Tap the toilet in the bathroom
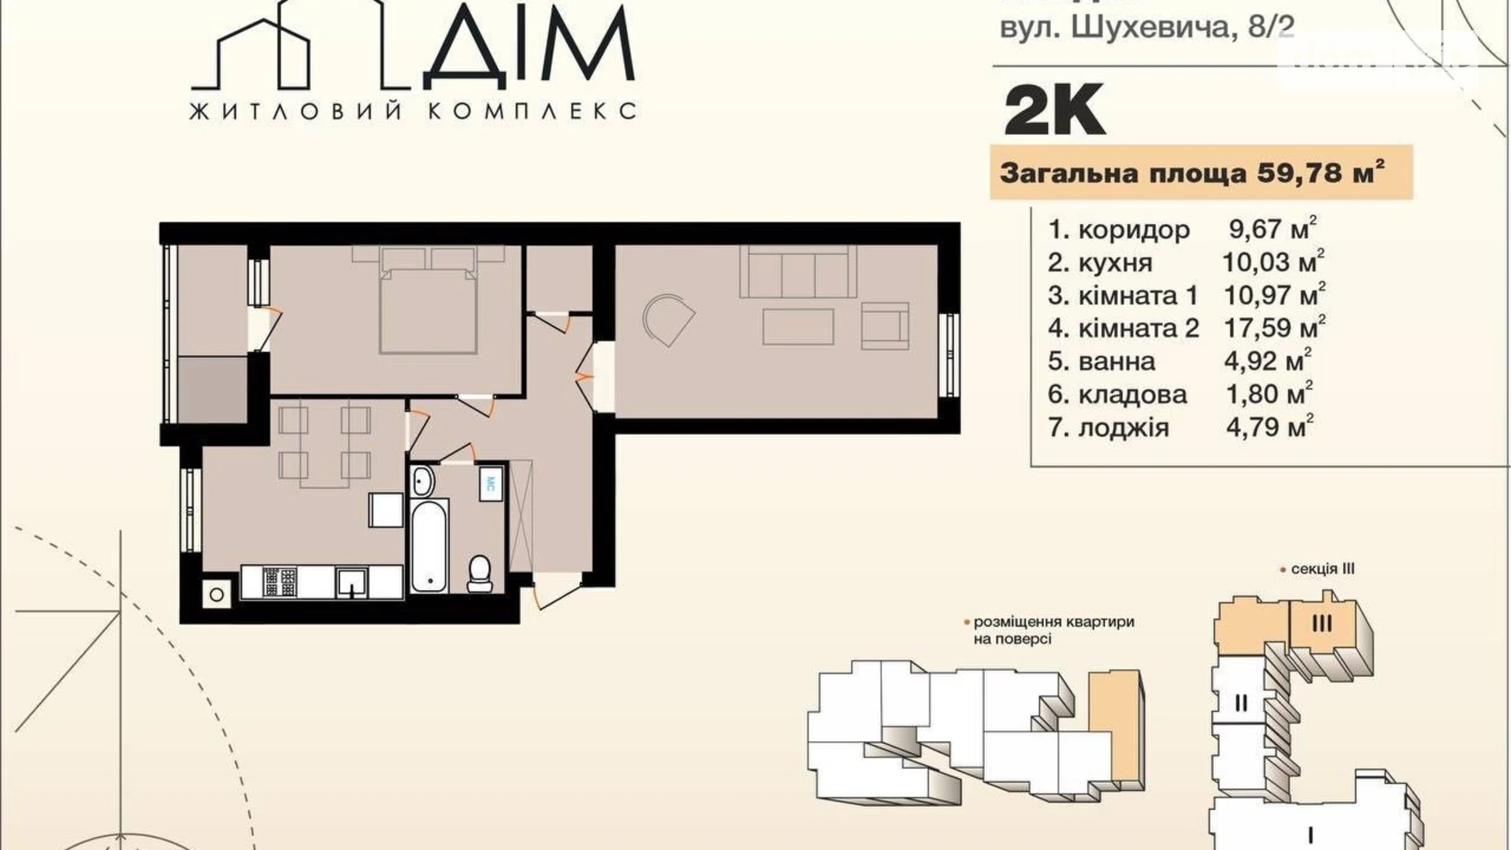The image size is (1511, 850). [479, 573]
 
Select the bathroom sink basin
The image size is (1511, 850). [422, 481]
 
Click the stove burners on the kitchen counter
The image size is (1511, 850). [280, 583]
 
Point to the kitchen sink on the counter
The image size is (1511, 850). [352, 583]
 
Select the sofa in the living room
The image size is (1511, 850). [798, 273]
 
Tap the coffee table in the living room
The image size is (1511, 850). [798, 327]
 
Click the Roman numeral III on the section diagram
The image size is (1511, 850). [1322, 623]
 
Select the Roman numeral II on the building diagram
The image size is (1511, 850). [1241, 702]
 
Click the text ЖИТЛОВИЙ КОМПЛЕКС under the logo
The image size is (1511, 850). [412, 111]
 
